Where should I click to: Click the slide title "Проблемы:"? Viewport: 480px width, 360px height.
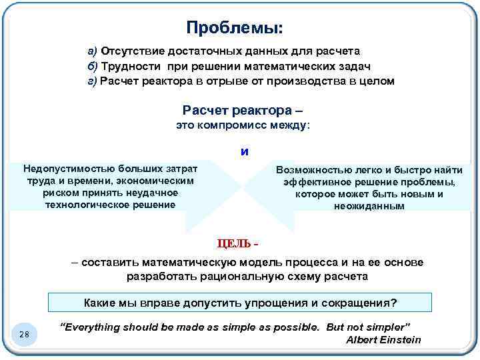[x=234, y=27]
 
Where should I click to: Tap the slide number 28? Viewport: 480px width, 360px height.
[x=24, y=334]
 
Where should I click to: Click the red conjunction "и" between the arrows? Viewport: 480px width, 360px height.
[x=245, y=151]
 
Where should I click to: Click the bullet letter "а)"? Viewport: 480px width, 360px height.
[x=93, y=51]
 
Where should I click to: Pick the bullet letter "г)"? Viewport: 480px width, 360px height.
[x=93, y=81]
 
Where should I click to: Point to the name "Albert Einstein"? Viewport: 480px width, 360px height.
[x=383, y=340]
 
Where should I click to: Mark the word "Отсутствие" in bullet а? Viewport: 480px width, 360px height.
[x=129, y=51]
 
